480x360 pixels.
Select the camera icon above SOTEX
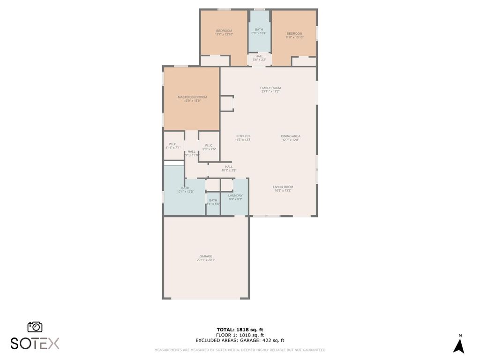point(35,327)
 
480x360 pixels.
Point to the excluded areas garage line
point(240,341)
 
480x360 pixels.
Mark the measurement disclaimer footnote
point(240,350)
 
